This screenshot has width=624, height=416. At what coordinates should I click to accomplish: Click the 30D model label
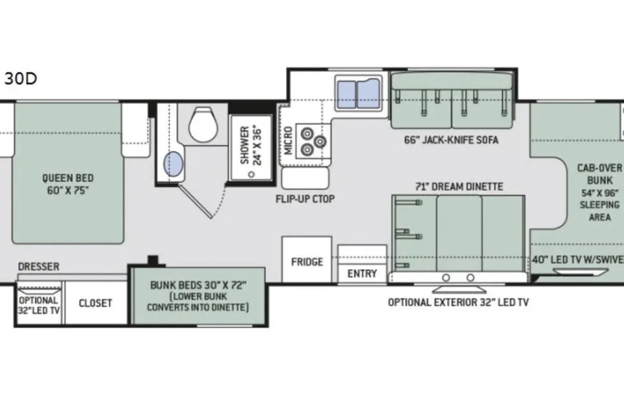[21, 79]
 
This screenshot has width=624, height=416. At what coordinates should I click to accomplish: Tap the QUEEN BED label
[68, 178]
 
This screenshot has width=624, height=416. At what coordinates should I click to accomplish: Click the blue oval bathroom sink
[174, 164]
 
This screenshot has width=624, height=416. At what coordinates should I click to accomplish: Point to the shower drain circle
[251, 174]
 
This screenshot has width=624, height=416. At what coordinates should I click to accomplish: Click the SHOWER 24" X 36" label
[251, 146]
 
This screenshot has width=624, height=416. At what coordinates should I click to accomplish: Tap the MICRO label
[288, 140]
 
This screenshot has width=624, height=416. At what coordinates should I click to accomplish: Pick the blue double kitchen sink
[358, 94]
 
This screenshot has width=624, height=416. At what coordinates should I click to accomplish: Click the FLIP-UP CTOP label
[305, 199]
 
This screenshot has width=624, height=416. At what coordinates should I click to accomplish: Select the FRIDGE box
[307, 259]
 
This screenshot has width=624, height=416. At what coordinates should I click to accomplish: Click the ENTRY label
[362, 274]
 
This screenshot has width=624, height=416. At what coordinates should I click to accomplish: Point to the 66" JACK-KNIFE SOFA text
[451, 140]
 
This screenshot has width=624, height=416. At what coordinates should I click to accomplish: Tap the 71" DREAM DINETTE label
[459, 187]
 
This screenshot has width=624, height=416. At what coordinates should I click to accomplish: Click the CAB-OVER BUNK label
[599, 174]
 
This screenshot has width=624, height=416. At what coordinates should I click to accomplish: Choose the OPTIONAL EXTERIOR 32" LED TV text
[458, 302]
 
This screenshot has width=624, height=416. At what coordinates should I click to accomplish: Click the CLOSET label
[95, 303]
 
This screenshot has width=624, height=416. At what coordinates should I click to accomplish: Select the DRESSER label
[38, 266]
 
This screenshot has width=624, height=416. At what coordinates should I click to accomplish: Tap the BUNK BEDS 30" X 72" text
[198, 285]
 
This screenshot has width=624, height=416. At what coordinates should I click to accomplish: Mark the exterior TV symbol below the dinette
[458, 289]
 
